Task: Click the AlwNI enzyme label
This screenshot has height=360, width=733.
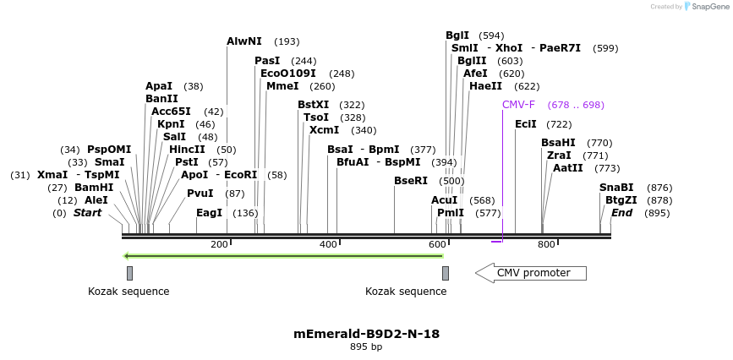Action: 244,41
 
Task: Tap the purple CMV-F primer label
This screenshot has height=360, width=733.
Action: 518,105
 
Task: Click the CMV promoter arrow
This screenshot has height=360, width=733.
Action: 531,273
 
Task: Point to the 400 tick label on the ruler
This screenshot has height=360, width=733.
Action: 328,245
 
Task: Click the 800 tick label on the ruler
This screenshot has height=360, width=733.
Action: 546,245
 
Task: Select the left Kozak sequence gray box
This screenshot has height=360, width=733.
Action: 129,273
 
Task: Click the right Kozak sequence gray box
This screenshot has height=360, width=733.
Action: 446,273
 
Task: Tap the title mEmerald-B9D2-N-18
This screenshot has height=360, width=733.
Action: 366,334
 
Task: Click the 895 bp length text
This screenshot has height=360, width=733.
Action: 366,347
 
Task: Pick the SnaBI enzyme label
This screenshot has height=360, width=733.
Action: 616,188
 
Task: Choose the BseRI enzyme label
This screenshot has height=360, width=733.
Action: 411,181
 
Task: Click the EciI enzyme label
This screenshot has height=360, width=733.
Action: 526,124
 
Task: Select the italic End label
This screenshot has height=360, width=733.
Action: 621,213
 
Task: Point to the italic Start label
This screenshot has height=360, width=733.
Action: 87,213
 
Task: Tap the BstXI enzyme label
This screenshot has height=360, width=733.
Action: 314,105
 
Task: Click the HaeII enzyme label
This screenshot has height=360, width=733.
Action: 485,86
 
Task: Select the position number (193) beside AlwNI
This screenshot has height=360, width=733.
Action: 287,41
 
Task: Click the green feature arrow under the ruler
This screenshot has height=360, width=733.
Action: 283,255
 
